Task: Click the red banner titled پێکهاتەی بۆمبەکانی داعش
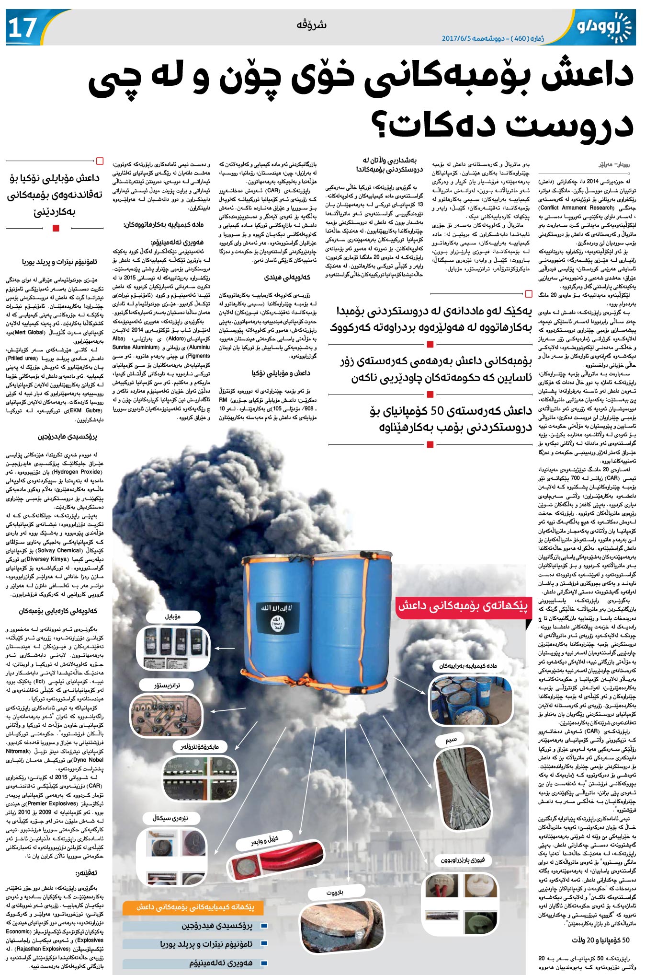463,606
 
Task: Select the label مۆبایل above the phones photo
173,616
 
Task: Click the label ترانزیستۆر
167,685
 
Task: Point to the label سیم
451,740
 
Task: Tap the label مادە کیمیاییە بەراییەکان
468,666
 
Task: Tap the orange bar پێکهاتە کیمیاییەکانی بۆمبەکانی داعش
194,907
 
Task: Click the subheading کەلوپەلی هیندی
287,277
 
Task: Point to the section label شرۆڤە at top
312,25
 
